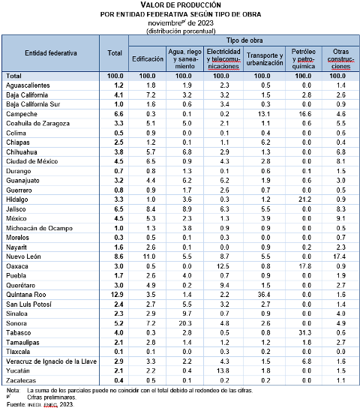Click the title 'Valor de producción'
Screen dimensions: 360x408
(x=181, y=5)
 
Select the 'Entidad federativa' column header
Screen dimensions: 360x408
(x=51, y=53)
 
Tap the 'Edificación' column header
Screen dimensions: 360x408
(x=148, y=59)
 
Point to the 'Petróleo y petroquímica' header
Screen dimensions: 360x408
(x=303, y=58)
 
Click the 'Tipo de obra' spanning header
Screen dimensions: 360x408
(x=244, y=40)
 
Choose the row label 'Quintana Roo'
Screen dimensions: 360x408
(x=26, y=295)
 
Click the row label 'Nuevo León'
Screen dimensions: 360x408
(x=23, y=256)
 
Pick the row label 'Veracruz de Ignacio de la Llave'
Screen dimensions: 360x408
(x=51, y=361)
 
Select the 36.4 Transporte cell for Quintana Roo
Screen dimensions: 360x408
(x=264, y=295)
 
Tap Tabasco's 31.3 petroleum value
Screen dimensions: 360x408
(x=304, y=332)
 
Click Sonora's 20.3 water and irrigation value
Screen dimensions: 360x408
(x=185, y=323)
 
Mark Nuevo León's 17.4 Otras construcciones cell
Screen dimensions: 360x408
(x=339, y=256)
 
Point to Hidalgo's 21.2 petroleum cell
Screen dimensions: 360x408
(x=304, y=199)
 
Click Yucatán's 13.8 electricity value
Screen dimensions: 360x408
(x=223, y=370)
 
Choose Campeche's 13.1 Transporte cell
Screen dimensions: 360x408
(x=264, y=114)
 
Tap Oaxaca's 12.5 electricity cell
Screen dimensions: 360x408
(x=223, y=266)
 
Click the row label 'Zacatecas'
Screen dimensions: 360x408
(x=21, y=380)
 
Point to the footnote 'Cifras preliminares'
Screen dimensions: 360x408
(x=52, y=397)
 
